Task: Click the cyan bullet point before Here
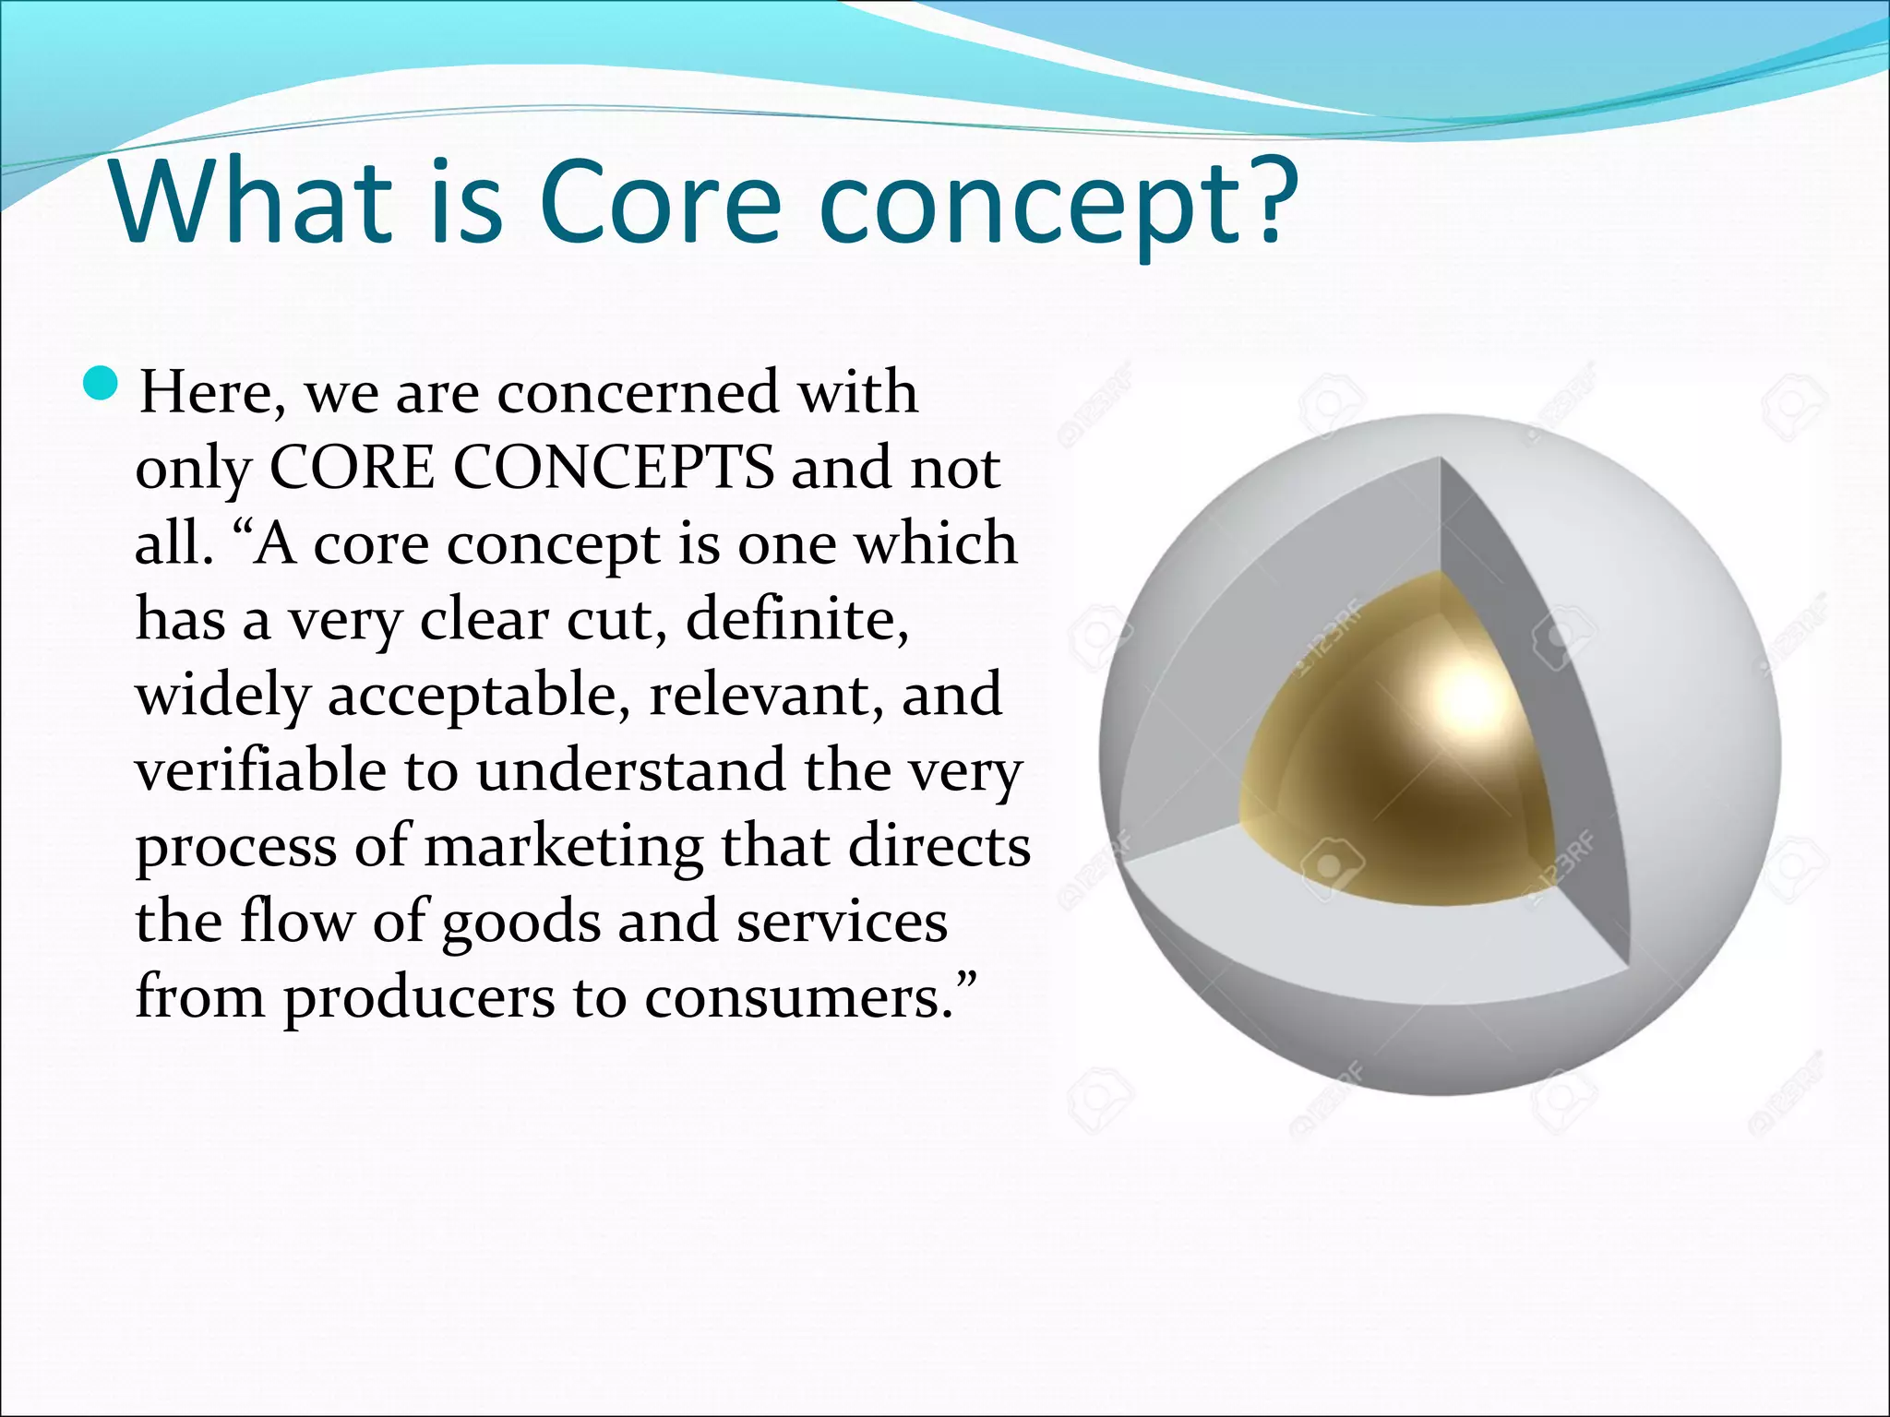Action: tap(101, 381)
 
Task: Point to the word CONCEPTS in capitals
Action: tap(614, 468)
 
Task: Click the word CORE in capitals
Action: tap(352, 468)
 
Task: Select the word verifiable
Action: tap(260, 770)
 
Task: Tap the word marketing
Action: tap(563, 846)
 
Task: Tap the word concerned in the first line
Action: tap(638, 392)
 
